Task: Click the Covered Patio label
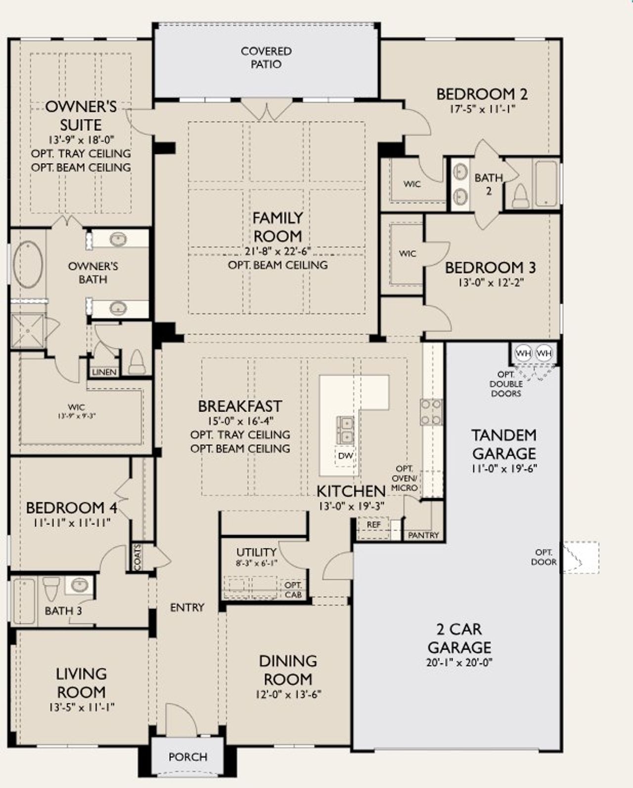(266, 57)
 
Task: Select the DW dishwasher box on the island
(345, 456)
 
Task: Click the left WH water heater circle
(523, 353)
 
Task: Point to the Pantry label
(423, 535)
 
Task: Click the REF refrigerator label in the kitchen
(374, 524)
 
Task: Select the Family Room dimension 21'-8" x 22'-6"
(277, 250)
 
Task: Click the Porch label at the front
(188, 757)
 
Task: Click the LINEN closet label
(104, 372)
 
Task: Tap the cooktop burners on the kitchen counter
(431, 413)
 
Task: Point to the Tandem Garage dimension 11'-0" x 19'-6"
(504, 468)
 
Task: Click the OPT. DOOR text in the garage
(543, 557)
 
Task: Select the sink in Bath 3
(79, 585)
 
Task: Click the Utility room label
(256, 552)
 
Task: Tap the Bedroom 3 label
(490, 268)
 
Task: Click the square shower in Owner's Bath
(28, 331)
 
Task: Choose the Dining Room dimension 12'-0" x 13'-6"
(288, 694)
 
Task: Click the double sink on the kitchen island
(345, 430)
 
